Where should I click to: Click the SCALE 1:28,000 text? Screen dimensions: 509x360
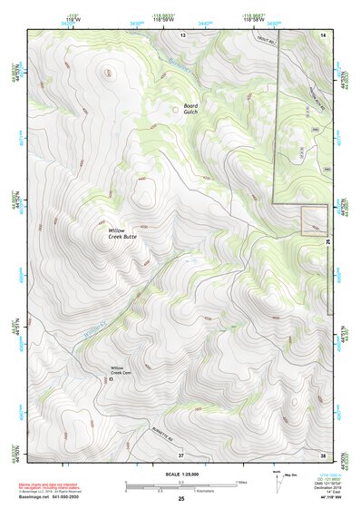point(180,475)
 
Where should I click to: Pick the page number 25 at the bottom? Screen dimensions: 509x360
point(180,500)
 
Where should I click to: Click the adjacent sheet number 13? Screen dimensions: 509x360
point(181,34)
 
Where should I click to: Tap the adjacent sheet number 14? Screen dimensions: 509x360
point(322,34)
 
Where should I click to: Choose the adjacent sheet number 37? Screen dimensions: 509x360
point(180,453)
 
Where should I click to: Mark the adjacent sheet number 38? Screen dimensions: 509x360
point(322,453)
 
